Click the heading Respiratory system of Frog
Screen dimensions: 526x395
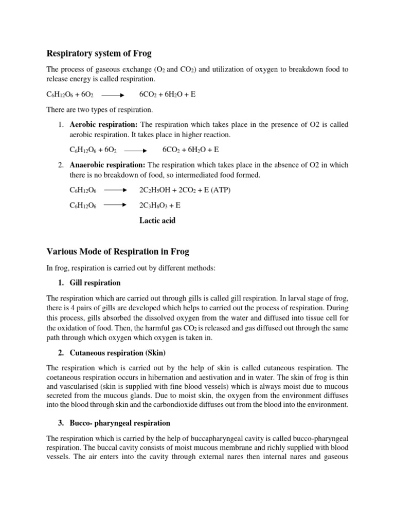tap(99, 53)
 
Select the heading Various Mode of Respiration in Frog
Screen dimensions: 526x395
tap(118, 251)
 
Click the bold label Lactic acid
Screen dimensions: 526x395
tap(157, 220)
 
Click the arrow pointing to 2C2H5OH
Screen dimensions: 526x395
tap(115, 190)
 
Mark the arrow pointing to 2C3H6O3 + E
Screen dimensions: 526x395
tap(115, 205)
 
